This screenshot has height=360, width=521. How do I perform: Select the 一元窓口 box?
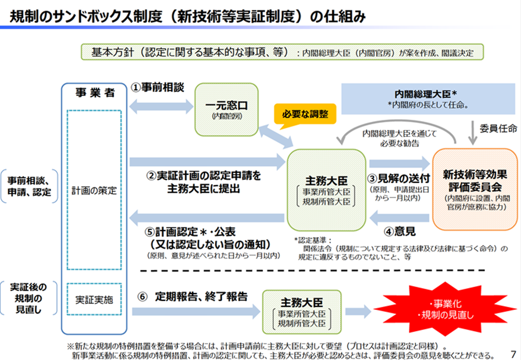[226, 109]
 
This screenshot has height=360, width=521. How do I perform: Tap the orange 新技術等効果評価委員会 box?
[475, 189]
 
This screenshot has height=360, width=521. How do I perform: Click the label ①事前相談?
[158, 88]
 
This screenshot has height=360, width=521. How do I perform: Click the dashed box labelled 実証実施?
[94, 300]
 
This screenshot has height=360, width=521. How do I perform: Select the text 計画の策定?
[94, 190]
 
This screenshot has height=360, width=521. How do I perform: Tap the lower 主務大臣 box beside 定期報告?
[301, 312]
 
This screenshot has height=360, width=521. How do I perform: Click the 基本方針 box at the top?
[282, 52]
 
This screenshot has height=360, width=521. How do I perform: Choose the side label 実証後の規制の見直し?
[29, 298]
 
